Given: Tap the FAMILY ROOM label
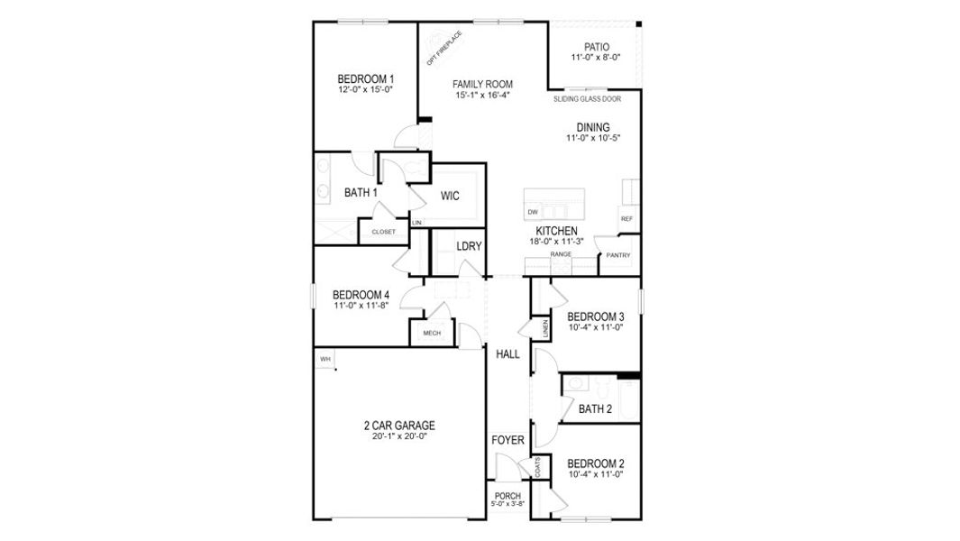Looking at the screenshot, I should click(x=482, y=84).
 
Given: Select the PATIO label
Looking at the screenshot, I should click(x=596, y=47).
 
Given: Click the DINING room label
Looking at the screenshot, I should click(x=593, y=127).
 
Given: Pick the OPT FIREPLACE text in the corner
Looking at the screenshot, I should click(x=444, y=48).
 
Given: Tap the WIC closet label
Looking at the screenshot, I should click(x=451, y=196).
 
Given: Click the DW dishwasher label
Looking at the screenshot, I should click(x=533, y=212).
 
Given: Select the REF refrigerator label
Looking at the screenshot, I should click(x=626, y=219).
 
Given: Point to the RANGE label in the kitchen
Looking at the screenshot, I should click(x=561, y=254).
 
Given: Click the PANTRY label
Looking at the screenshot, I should click(x=617, y=255).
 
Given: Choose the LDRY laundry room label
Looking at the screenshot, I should click(x=469, y=246).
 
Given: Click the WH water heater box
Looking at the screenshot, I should click(x=325, y=359).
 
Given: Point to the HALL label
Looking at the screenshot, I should click(x=507, y=355).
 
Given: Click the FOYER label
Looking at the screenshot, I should click(x=507, y=440).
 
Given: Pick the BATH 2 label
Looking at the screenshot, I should click(x=596, y=408).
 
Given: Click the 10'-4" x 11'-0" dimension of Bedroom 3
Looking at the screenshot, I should click(x=596, y=327).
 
